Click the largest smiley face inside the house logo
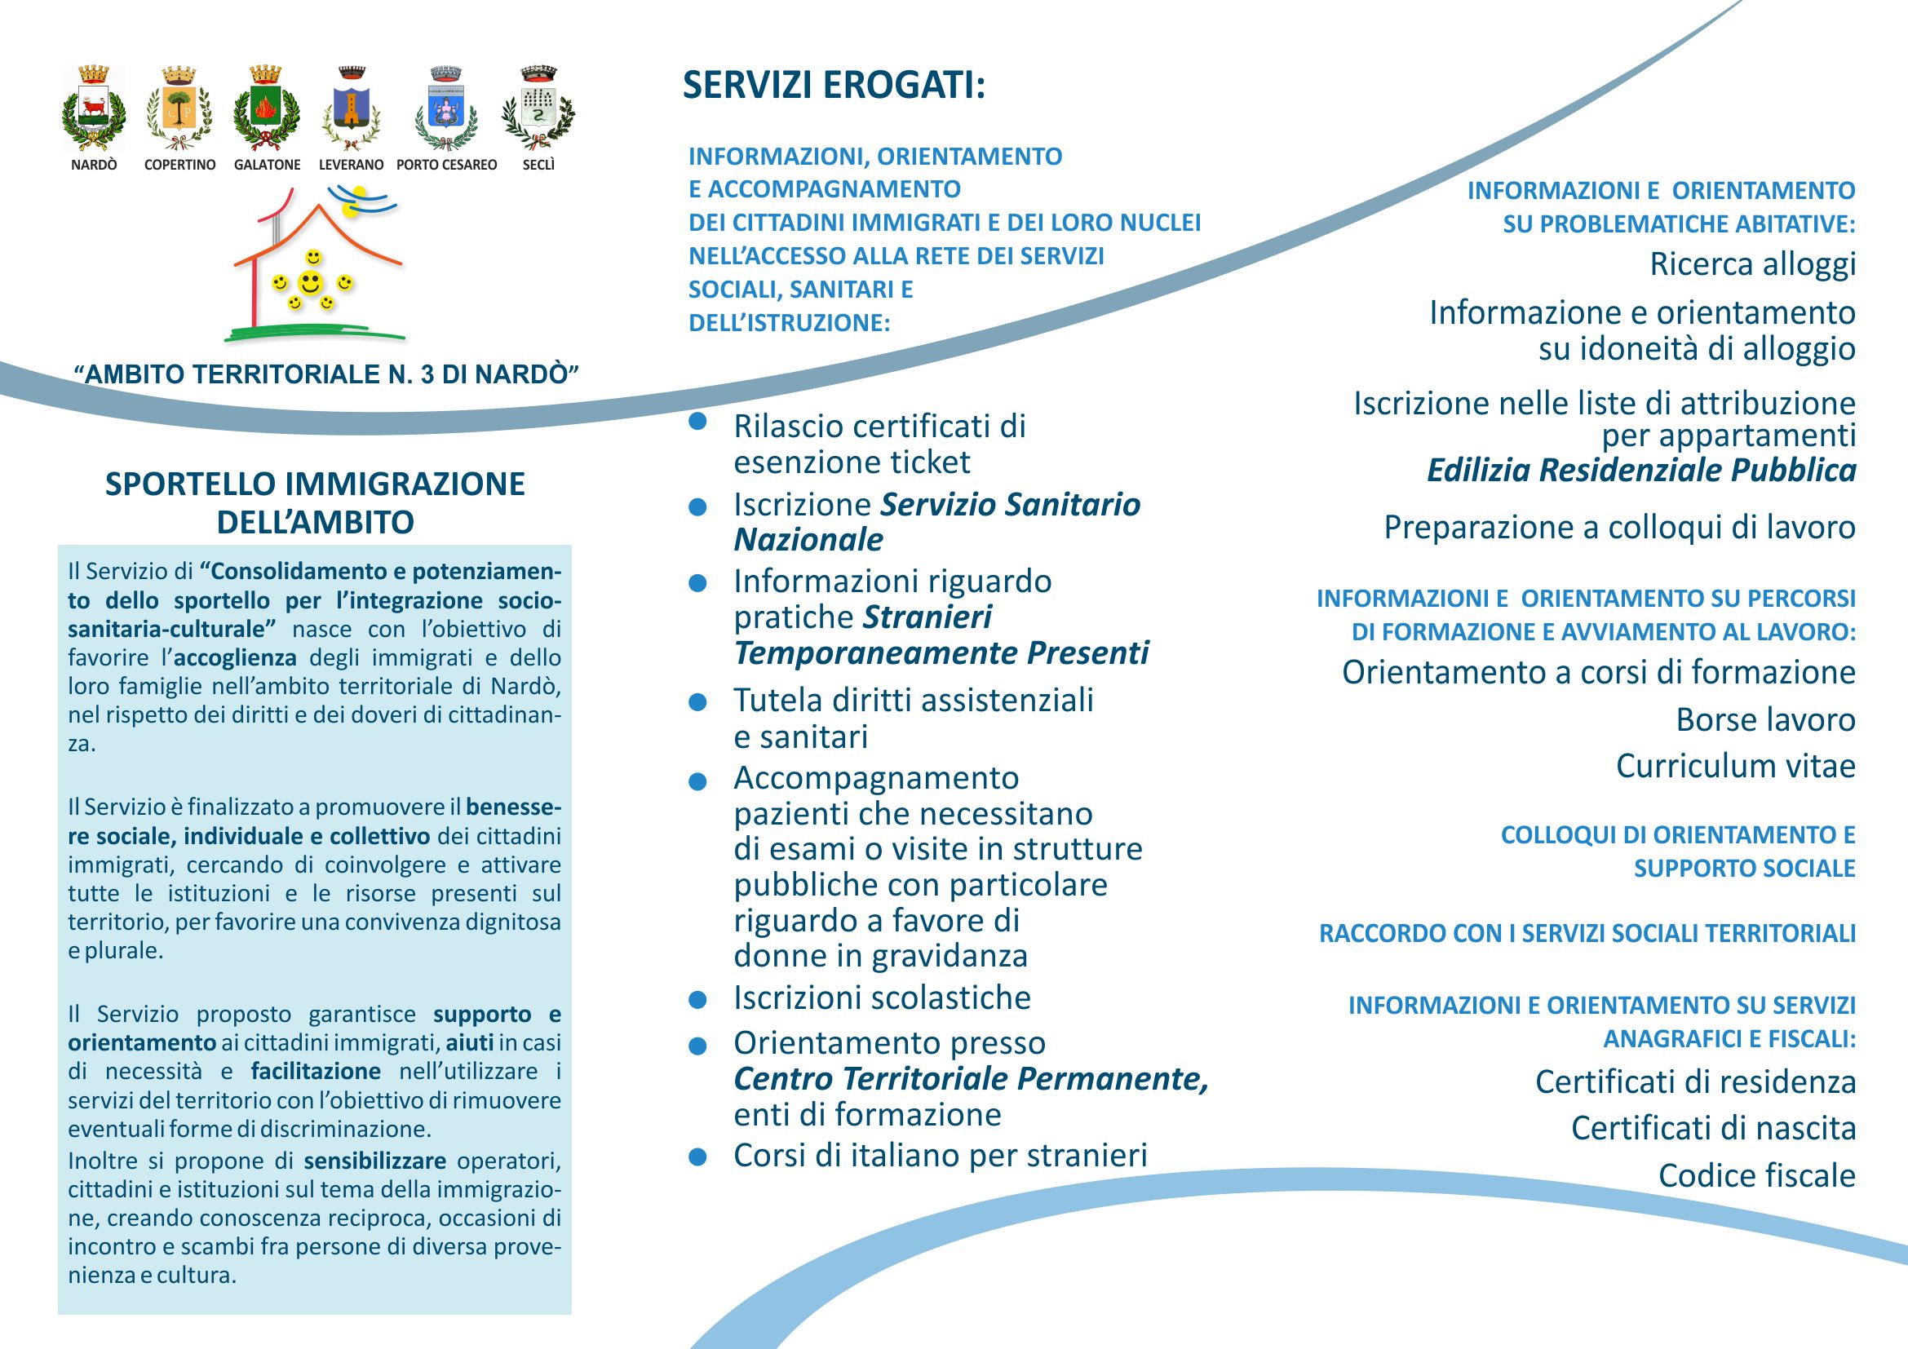311,283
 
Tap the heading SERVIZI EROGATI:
834,85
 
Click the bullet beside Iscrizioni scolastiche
698,999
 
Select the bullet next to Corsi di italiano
698,1157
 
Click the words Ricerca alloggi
1751,264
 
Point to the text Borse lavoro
1765,719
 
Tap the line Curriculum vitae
1735,766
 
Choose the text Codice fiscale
1757,1175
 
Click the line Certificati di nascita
1713,1128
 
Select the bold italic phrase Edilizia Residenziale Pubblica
1641,470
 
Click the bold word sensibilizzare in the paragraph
374,1161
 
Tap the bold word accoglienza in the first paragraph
236,658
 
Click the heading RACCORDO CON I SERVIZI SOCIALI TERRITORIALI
1587,934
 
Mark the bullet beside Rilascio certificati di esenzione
698,421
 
